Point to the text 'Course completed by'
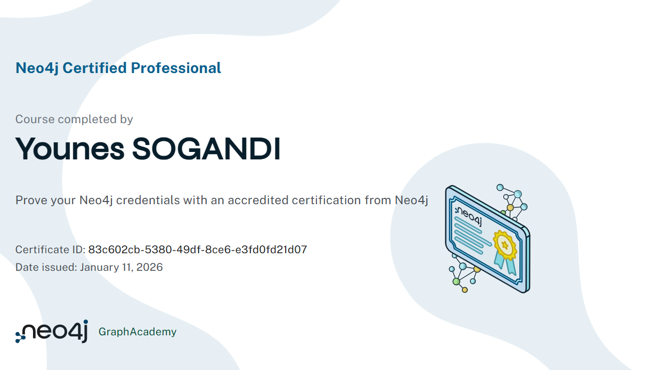click(74, 119)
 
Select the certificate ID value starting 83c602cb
click(198, 250)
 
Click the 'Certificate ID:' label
click(50, 250)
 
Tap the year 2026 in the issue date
click(150, 267)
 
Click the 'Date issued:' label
click(46, 267)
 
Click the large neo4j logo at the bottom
click(52, 332)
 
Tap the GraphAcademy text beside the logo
click(137, 332)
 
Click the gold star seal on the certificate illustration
click(505, 244)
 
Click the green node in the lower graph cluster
click(456, 281)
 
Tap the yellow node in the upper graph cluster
click(510, 207)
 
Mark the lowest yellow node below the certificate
click(465, 290)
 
